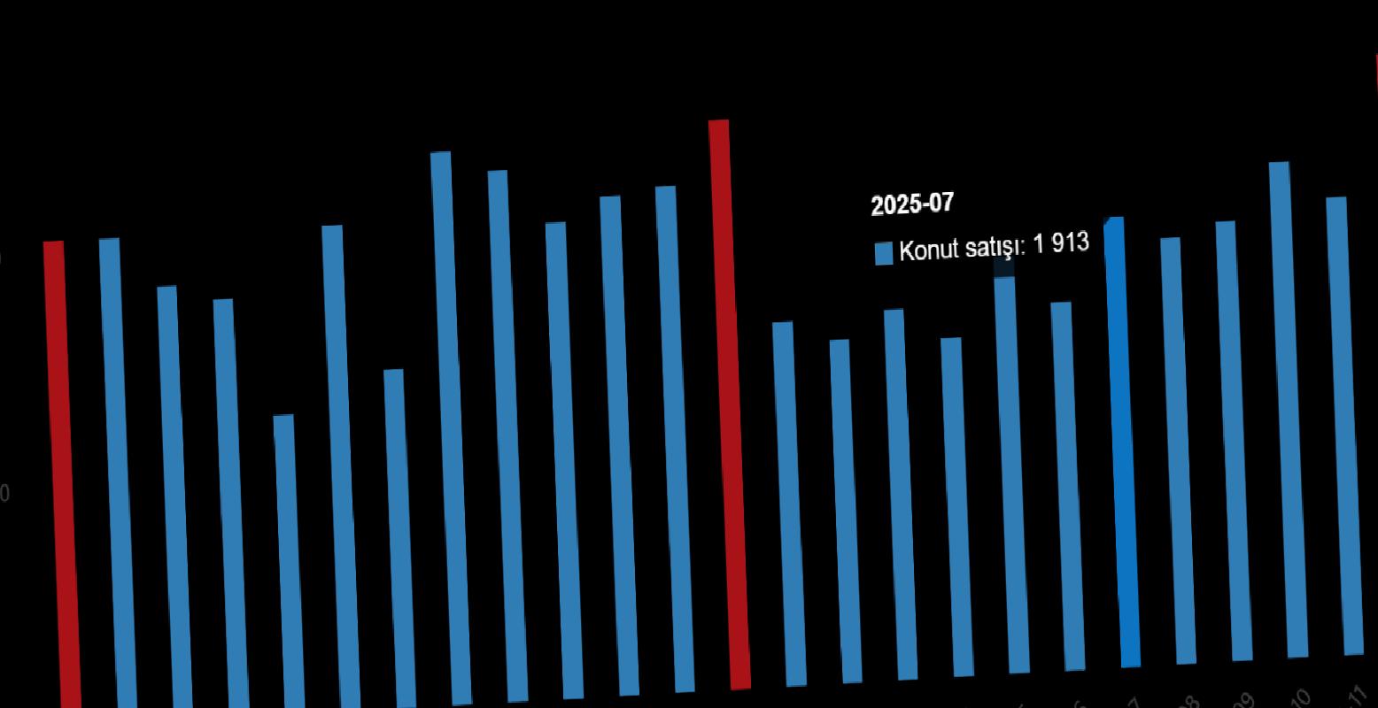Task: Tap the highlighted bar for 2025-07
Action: (1122, 442)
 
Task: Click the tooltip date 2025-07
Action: (912, 204)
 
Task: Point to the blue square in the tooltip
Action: (884, 254)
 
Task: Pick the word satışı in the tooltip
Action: (995, 246)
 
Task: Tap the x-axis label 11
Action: (1357, 695)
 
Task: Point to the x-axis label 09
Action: (1244, 701)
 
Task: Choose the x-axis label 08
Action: (1188, 704)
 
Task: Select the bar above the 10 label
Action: (1289, 407)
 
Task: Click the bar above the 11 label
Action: (1345, 425)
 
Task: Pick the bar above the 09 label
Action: (1235, 442)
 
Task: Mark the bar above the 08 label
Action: (1179, 451)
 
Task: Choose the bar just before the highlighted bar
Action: (1067, 487)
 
